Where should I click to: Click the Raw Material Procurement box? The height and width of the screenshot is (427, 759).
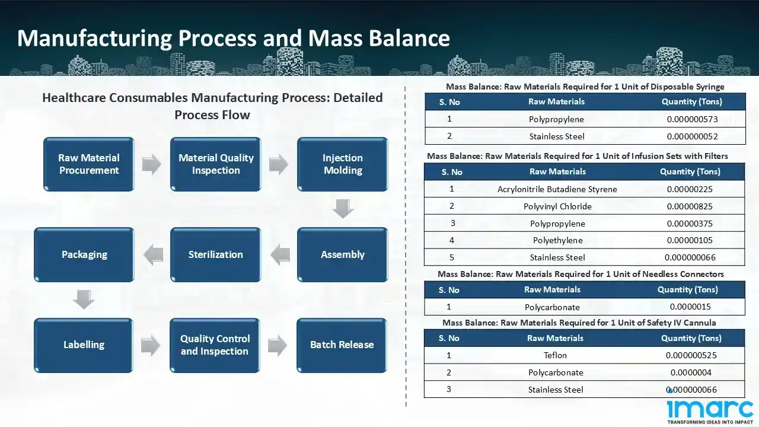(89, 164)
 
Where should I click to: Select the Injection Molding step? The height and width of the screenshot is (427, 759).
(342, 164)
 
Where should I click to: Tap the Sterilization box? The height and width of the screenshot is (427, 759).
(215, 254)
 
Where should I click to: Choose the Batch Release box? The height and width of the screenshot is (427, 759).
(342, 345)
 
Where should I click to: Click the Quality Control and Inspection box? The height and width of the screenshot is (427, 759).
(215, 345)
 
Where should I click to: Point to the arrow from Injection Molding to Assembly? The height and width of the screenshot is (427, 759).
(343, 209)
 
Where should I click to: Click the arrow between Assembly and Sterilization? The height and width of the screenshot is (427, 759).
(279, 255)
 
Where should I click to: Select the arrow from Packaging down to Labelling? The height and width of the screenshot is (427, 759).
(84, 299)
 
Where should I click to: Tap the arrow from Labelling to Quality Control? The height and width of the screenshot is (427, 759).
(151, 345)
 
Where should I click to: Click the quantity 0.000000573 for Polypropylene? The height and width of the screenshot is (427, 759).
(692, 119)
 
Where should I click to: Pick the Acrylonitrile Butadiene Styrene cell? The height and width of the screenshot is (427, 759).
(557, 189)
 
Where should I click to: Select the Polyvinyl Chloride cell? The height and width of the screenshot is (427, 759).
(557, 206)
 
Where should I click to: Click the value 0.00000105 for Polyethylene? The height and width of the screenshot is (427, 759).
(690, 240)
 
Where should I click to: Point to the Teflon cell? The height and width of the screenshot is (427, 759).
(555, 355)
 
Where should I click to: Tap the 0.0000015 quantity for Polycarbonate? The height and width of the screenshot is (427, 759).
(690, 307)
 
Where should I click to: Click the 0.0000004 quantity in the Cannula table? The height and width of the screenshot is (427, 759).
(691, 372)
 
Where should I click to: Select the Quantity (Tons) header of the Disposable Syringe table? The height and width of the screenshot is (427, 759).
(691, 101)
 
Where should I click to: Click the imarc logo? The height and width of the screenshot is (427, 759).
(710, 411)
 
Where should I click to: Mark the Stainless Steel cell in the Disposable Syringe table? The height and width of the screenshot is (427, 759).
(557, 136)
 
